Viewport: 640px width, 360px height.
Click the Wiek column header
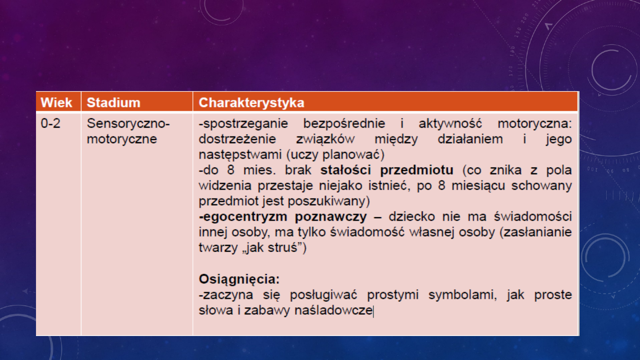56,103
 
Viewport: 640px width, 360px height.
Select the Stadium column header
113,103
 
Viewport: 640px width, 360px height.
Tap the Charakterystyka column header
252,103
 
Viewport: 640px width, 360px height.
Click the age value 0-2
51,124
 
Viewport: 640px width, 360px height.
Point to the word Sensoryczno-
128,124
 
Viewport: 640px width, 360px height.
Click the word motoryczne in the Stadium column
122,139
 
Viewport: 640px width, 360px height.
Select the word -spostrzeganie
244,124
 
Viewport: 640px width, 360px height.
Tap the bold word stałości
346,170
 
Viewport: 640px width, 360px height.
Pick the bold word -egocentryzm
243,217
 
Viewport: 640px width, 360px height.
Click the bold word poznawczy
331,217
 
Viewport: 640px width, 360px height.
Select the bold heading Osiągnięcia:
239,279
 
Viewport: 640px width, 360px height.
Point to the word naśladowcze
333,310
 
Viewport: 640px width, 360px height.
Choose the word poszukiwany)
329,201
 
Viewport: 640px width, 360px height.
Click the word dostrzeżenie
237,140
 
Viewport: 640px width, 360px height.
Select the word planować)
353,155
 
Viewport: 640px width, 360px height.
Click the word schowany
542,186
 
